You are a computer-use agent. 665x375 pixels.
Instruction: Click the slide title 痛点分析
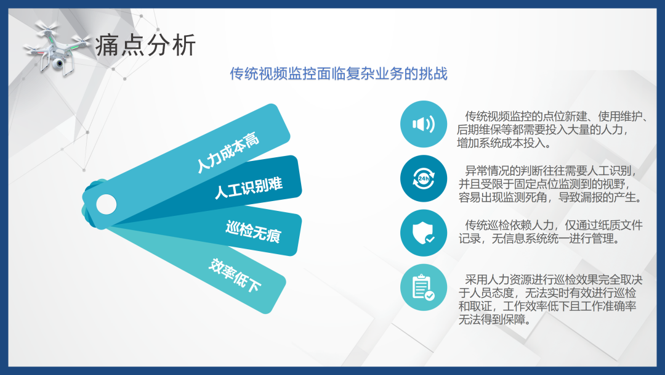145,46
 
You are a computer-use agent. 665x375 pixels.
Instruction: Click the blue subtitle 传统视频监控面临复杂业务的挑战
339,73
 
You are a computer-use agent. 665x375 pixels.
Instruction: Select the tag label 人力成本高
227,152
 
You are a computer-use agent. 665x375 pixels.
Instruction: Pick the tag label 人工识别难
249,187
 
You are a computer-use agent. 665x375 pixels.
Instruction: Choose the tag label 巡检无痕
254,231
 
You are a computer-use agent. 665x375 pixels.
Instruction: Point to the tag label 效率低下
235,275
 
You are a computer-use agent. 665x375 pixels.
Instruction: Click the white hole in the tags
107,204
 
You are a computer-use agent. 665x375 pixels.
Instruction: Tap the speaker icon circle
423,124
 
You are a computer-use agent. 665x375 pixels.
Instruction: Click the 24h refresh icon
423,178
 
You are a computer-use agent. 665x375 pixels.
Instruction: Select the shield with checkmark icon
423,233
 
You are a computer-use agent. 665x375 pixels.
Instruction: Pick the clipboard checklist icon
423,287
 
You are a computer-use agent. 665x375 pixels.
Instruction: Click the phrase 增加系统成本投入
501,143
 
